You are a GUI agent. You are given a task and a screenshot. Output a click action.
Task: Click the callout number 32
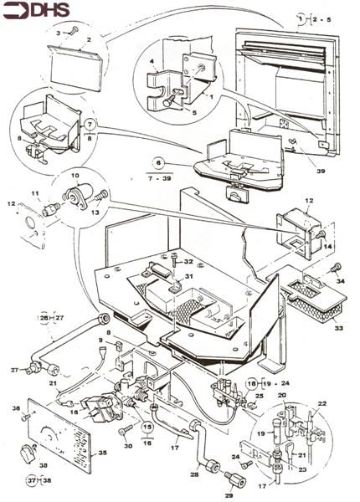tap(188, 262)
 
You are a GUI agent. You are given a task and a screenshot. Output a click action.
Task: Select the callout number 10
tap(75, 177)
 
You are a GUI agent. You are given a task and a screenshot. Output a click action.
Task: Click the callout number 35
tap(102, 454)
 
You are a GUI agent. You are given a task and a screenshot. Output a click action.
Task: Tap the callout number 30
tap(127, 446)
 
